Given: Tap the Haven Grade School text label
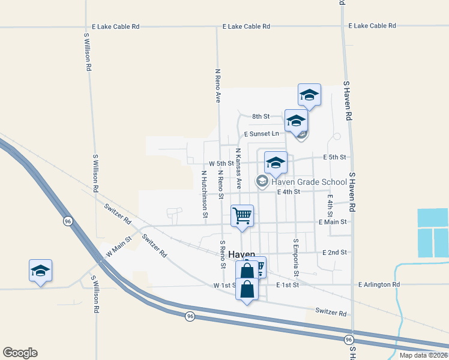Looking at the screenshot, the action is pos(309,182).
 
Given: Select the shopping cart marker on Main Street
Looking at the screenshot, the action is pos(243,216).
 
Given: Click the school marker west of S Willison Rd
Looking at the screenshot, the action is pos(40,271).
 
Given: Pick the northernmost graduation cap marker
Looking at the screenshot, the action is pos(309,95).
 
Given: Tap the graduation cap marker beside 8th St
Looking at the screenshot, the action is pos(296,120).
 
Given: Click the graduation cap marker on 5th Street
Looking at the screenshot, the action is pos(276,163).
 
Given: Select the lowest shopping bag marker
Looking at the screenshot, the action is pos(247,290).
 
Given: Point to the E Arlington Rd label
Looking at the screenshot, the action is pos(379,284).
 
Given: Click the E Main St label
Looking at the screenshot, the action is pos(333,222).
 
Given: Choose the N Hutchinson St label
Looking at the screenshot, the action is pos(205,193).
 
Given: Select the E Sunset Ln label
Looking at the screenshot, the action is pos(262,133).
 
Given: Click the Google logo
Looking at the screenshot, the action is pos(20,353).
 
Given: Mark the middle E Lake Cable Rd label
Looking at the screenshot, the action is pos(246,26).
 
